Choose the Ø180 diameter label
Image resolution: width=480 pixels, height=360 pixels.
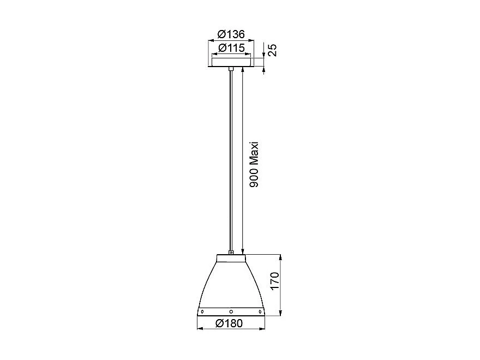point(230,323)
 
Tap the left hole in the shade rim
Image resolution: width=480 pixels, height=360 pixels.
point(202,311)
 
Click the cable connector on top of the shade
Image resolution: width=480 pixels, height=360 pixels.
point(231,252)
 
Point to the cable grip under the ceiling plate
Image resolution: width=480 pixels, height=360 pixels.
point(231,69)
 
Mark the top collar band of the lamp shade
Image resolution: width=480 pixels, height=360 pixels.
point(231,257)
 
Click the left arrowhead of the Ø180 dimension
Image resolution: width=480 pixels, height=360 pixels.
point(199,329)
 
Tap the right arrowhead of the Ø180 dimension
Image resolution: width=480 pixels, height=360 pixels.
point(264,329)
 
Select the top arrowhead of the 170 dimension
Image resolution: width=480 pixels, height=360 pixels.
point(280,257)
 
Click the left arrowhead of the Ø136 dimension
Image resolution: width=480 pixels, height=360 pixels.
point(210,40)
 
